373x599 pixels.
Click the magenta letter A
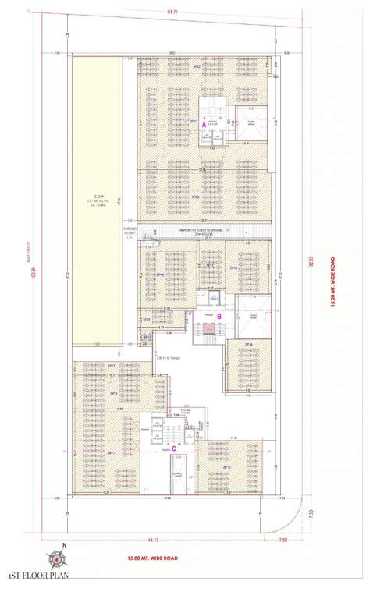point(204,124)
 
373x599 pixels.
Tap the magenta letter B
point(219,316)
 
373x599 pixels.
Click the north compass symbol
point(56,558)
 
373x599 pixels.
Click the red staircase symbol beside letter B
point(208,331)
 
